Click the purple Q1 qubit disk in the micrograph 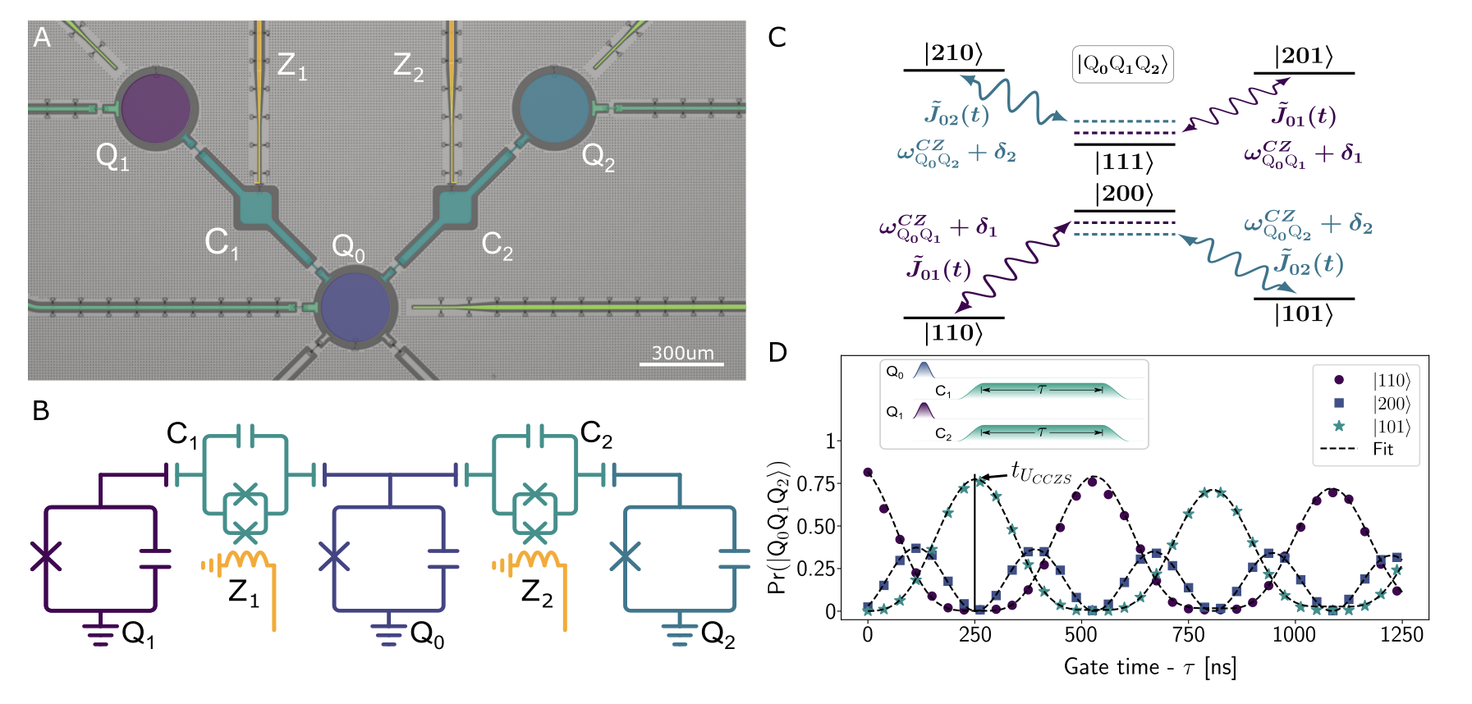tap(155, 107)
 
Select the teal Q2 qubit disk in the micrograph tap(555, 107)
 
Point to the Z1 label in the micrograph tap(291, 65)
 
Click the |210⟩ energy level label tap(953, 53)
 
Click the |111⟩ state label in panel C tap(1124, 162)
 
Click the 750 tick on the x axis tap(1188, 635)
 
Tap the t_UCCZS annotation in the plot tap(1040, 473)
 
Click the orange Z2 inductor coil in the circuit tap(536, 560)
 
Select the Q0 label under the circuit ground tap(427, 634)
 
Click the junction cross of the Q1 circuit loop tap(46, 556)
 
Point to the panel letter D tap(777, 353)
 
